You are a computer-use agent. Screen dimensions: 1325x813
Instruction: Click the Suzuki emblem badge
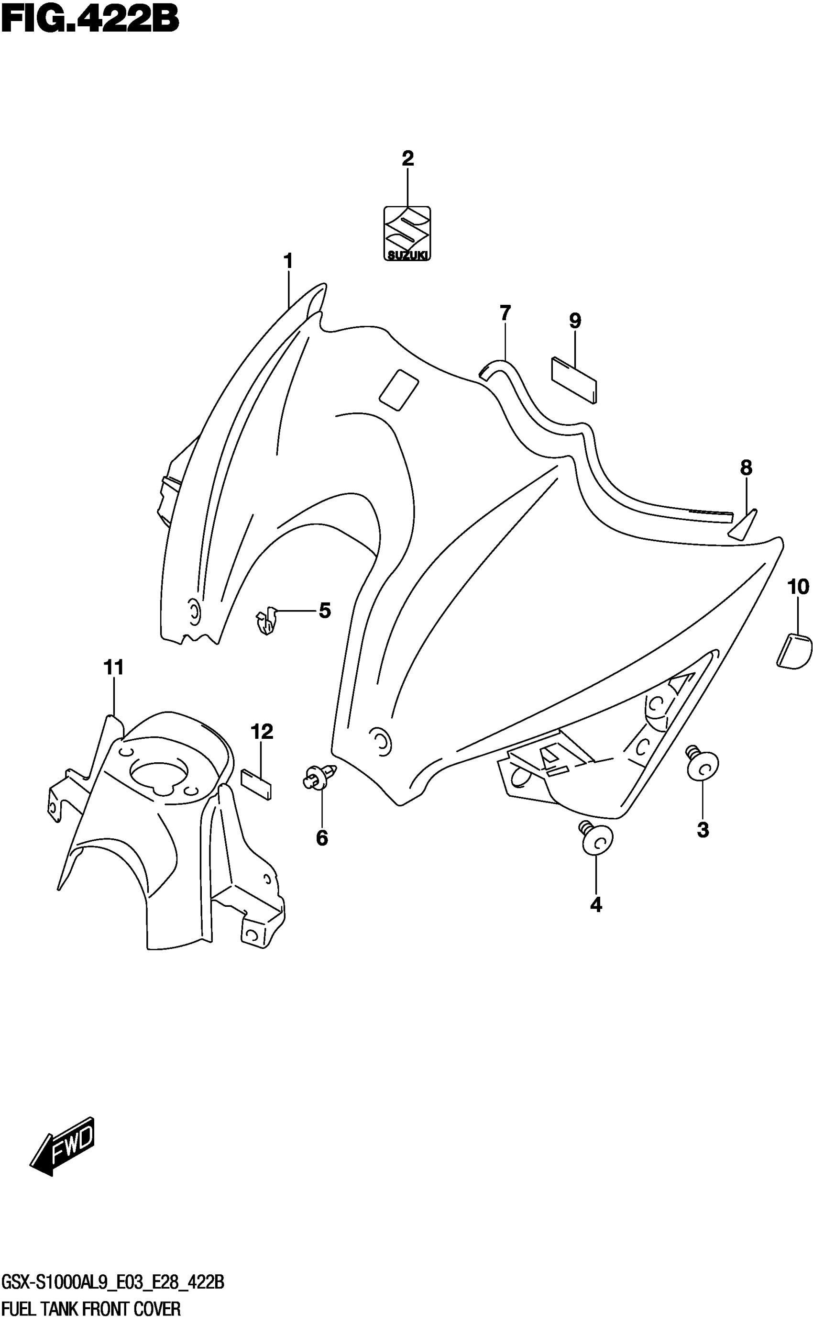pyautogui.click(x=407, y=234)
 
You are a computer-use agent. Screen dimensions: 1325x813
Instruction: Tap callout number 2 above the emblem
pyautogui.click(x=407, y=159)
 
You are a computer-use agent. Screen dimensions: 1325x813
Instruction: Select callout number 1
pyautogui.click(x=288, y=261)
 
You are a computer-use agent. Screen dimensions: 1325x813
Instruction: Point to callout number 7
pyautogui.click(x=505, y=313)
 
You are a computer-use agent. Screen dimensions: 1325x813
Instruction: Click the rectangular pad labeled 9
pyautogui.click(x=574, y=380)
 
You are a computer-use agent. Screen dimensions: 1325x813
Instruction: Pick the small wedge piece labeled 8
pyautogui.click(x=743, y=524)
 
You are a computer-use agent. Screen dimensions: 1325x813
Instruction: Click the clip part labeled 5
pyautogui.click(x=266, y=621)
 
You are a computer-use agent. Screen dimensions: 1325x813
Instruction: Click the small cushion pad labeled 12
pyautogui.click(x=256, y=784)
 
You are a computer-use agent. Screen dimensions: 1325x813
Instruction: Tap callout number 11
pyautogui.click(x=113, y=668)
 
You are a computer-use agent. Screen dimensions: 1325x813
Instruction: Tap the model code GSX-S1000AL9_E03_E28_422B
pyautogui.click(x=112, y=1284)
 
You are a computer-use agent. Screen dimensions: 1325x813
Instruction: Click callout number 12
pyautogui.click(x=262, y=732)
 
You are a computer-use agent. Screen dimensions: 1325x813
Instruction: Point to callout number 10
pyautogui.click(x=798, y=587)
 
